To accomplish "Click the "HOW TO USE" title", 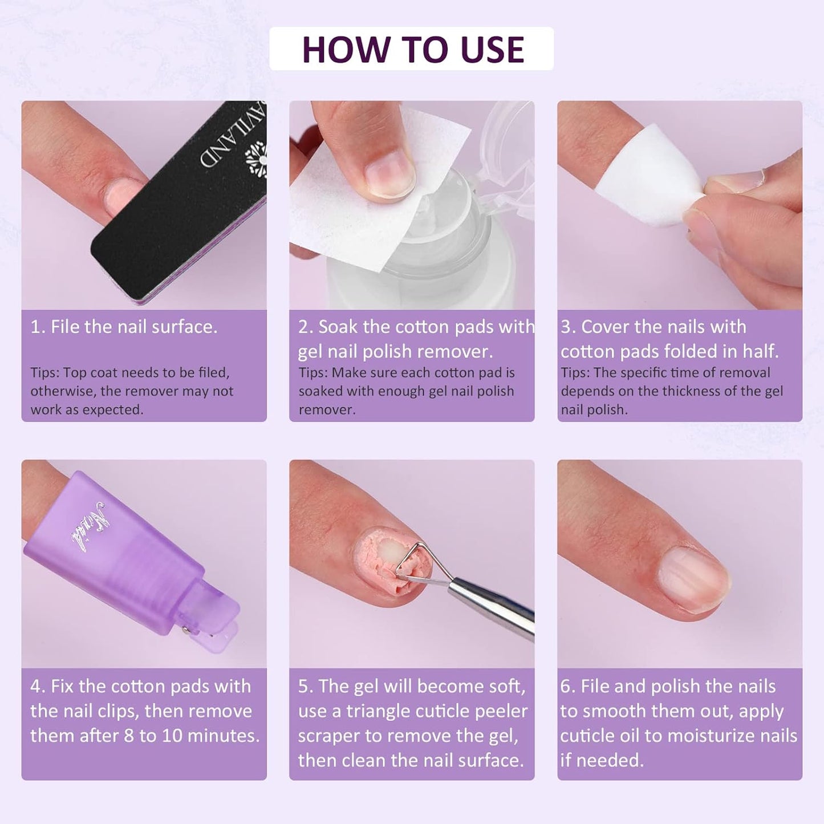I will [412, 49].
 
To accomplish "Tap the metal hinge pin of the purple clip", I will [184, 630].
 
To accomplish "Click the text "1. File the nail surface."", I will [124, 327].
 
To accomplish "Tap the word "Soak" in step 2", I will [338, 327].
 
